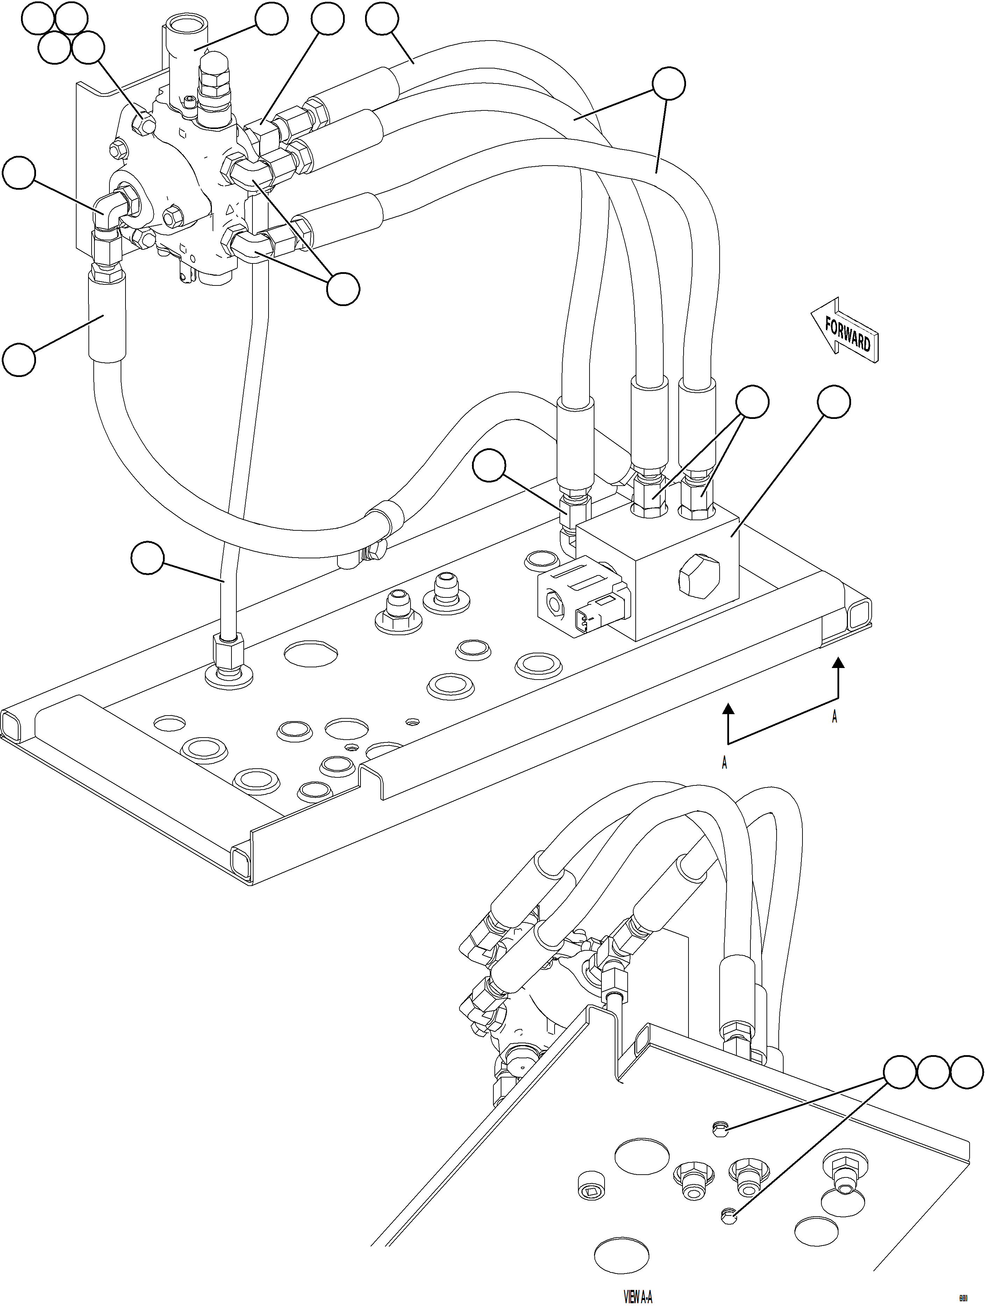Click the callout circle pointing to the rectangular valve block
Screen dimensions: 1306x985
pyautogui.click(x=833, y=402)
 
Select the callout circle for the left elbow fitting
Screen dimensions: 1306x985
pyautogui.click(x=19, y=172)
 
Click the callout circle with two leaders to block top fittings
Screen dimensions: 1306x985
pyautogui.click(x=752, y=402)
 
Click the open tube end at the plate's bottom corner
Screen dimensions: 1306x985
pyautogui.click(x=243, y=863)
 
